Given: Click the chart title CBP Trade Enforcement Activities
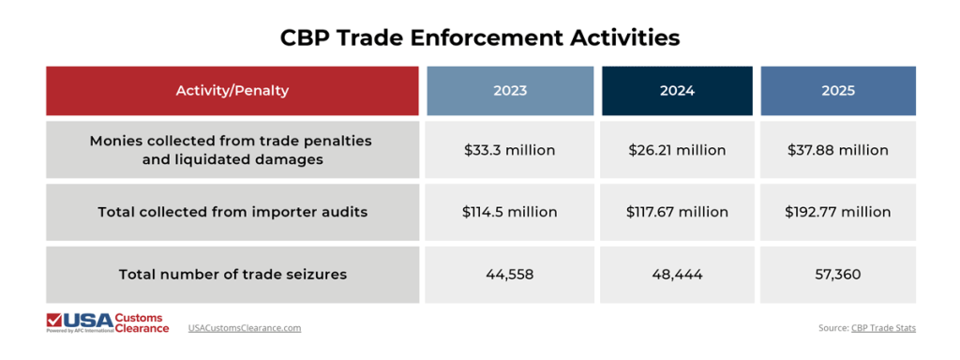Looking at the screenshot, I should click(480, 37).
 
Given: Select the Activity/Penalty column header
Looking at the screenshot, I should click(232, 91).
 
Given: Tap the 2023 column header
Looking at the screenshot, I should click(510, 91).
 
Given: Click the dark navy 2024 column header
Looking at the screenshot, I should click(676, 91).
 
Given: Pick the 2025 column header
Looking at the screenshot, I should click(837, 91).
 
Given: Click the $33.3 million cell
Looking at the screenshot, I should click(510, 150).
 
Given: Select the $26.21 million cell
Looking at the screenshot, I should click(676, 150).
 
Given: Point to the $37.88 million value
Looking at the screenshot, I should click(837, 150).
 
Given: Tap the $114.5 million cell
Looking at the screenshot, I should click(510, 212).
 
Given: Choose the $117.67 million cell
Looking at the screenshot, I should click(676, 212).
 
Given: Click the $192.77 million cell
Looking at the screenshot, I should click(837, 212).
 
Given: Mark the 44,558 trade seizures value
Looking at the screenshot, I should click(510, 275).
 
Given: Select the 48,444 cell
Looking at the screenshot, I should click(676, 275).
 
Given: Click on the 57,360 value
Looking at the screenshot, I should click(837, 275).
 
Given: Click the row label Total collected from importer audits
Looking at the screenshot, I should click(232, 212).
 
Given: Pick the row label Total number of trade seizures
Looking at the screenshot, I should click(232, 275).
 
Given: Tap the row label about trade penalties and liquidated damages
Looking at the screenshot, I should click(232, 150).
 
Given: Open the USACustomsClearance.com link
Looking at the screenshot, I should click(244, 328).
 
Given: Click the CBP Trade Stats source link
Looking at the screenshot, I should click(884, 328).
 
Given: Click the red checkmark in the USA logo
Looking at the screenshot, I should click(55, 320).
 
